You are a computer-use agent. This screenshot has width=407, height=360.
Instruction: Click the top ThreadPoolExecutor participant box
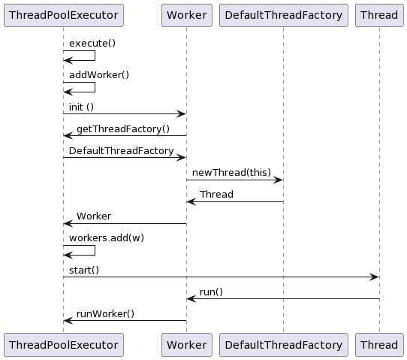pos(63,15)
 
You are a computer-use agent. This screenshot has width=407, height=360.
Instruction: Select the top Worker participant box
pos(186,15)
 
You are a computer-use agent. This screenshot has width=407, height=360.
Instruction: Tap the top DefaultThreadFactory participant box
pos(283,15)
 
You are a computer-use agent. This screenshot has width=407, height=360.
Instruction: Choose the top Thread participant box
pos(379,15)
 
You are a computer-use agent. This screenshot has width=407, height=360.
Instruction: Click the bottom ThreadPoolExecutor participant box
pos(63,345)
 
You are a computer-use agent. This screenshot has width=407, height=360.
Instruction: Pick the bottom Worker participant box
pos(186,345)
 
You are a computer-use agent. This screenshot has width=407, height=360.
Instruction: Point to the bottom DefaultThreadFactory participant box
pos(283,345)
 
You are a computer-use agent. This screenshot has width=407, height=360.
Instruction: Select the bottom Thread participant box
pos(379,345)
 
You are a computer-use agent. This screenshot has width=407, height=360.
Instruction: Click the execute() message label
pos(92,44)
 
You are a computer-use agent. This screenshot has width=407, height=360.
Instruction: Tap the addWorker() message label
pos(99,75)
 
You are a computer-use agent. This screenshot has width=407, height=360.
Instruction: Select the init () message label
pos(81,107)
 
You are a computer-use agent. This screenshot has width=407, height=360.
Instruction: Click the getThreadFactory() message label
pos(123,129)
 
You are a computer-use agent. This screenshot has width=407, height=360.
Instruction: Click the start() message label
pos(84,270)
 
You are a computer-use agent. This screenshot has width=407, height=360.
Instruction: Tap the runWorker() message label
pos(105,313)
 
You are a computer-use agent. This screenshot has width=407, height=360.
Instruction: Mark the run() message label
pos(211,292)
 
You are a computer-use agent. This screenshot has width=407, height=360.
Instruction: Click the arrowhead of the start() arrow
pos(375,277)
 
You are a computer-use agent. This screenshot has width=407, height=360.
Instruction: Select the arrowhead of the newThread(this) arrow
pos(279,180)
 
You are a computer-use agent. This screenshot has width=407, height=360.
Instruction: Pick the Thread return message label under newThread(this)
pos(216,194)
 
